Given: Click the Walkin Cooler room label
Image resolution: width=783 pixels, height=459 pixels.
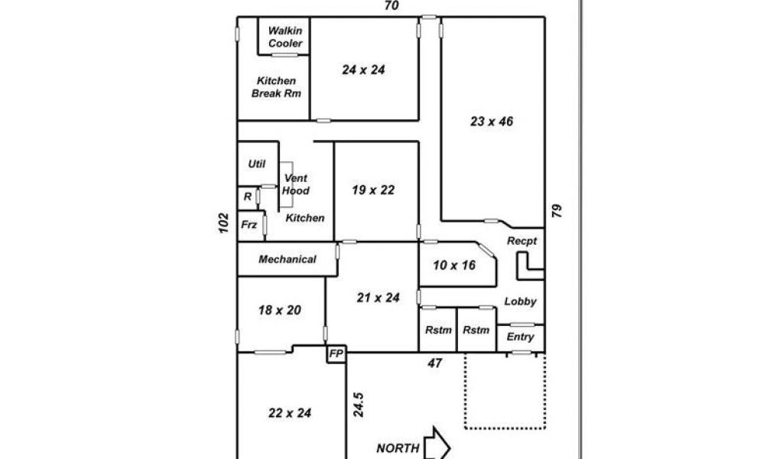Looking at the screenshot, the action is click(x=285, y=37).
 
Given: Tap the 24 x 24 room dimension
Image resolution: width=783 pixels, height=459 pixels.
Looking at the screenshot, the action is click(x=363, y=70).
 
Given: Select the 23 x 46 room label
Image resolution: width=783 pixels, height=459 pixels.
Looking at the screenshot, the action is click(x=492, y=122).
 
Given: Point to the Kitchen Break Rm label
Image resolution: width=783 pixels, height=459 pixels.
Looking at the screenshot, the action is click(x=276, y=87).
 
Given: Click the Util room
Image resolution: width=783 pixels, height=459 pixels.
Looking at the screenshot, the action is click(x=257, y=164).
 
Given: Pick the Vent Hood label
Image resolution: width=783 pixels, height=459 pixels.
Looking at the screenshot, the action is click(x=296, y=184).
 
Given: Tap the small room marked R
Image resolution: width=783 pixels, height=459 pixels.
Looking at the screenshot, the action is click(x=248, y=197).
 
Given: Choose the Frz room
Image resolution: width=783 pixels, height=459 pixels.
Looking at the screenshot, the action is click(x=249, y=225).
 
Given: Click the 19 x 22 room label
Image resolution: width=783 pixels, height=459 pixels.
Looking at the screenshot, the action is click(x=373, y=190).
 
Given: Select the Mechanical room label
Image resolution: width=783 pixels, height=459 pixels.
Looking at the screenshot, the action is click(x=288, y=259).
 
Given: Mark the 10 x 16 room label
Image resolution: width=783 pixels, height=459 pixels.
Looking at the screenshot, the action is click(x=454, y=265).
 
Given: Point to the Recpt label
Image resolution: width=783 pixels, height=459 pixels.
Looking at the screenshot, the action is click(x=521, y=241).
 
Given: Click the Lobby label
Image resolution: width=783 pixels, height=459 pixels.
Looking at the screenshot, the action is click(x=520, y=301).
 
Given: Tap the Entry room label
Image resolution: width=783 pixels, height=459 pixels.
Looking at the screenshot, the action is click(x=520, y=337).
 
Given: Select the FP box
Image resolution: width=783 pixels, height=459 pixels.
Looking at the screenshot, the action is click(x=336, y=353).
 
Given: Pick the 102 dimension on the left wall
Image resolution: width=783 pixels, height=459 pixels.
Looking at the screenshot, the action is click(x=224, y=223).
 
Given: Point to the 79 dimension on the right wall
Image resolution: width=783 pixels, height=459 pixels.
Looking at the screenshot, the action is click(x=557, y=210).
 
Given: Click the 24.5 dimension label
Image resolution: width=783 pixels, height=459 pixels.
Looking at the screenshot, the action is click(x=358, y=405).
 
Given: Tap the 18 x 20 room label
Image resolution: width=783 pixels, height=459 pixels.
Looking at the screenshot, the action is click(x=280, y=310).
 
